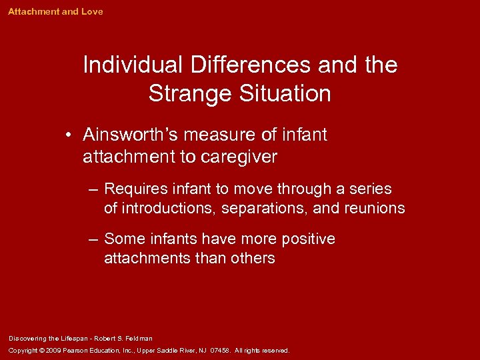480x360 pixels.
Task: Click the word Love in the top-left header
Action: (x=92, y=12)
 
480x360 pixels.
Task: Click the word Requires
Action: (x=136, y=189)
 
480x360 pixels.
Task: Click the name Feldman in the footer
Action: (x=140, y=339)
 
